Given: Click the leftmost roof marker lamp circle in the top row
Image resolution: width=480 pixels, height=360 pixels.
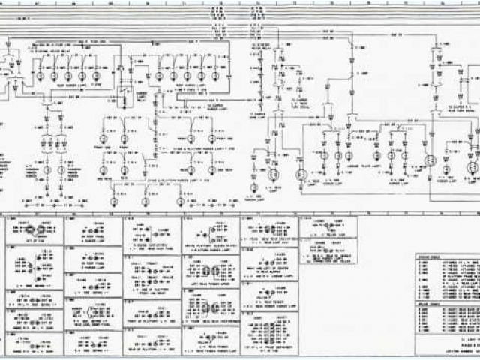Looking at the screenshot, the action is [38, 76].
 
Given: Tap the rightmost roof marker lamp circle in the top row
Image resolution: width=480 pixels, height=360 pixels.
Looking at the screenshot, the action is [215, 76].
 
